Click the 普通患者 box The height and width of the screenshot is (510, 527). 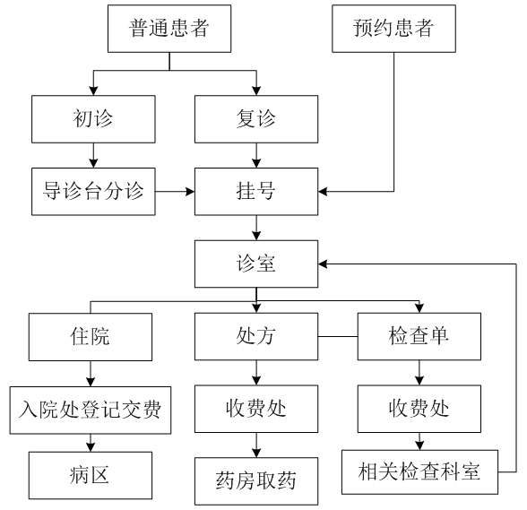[169, 29]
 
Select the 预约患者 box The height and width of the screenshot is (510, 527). [394, 29]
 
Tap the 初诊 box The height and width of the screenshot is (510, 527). [93, 119]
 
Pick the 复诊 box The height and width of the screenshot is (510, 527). [256, 119]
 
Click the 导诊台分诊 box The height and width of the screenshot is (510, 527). [93, 192]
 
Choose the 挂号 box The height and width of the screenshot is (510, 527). [256, 192]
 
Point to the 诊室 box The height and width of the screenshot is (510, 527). [256, 264]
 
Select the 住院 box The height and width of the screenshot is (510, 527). [91, 337]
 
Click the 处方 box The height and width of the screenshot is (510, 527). [256, 336]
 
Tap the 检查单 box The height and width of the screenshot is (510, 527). [419, 336]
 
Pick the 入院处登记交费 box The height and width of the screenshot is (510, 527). [91, 411]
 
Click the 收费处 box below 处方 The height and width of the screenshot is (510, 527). [256, 409]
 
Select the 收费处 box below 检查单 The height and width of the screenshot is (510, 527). [419, 409]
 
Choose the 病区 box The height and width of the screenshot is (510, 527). [91, 475]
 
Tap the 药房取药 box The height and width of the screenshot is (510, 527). [256, 481]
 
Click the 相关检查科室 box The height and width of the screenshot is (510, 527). [419, 472]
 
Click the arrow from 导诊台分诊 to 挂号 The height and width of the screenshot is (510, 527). [175, 192]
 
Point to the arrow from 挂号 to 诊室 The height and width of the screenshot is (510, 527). [256, 228]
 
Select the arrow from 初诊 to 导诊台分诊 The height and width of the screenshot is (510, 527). [93, 155]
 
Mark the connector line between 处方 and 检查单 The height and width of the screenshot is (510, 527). [338, 336]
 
